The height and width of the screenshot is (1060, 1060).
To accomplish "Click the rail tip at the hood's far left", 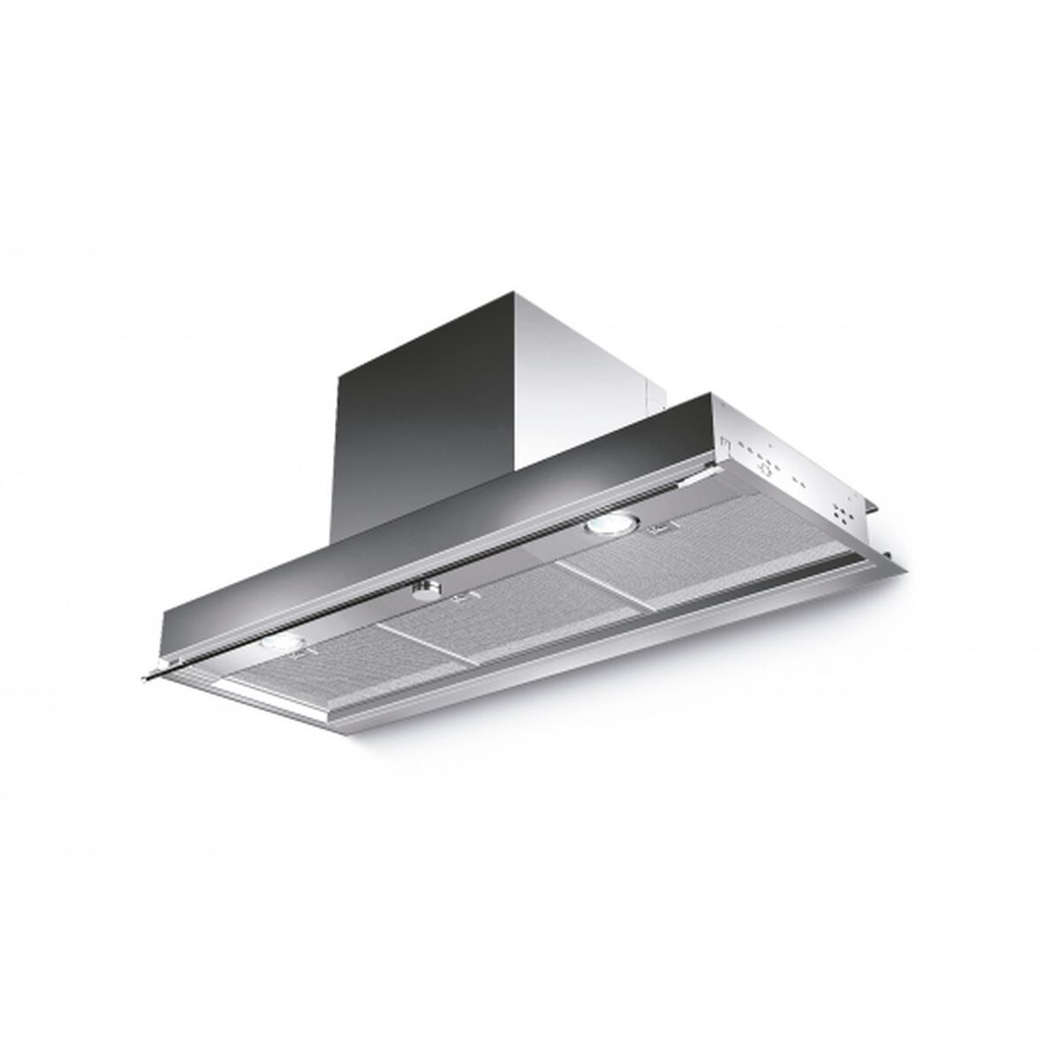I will point(148,676).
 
